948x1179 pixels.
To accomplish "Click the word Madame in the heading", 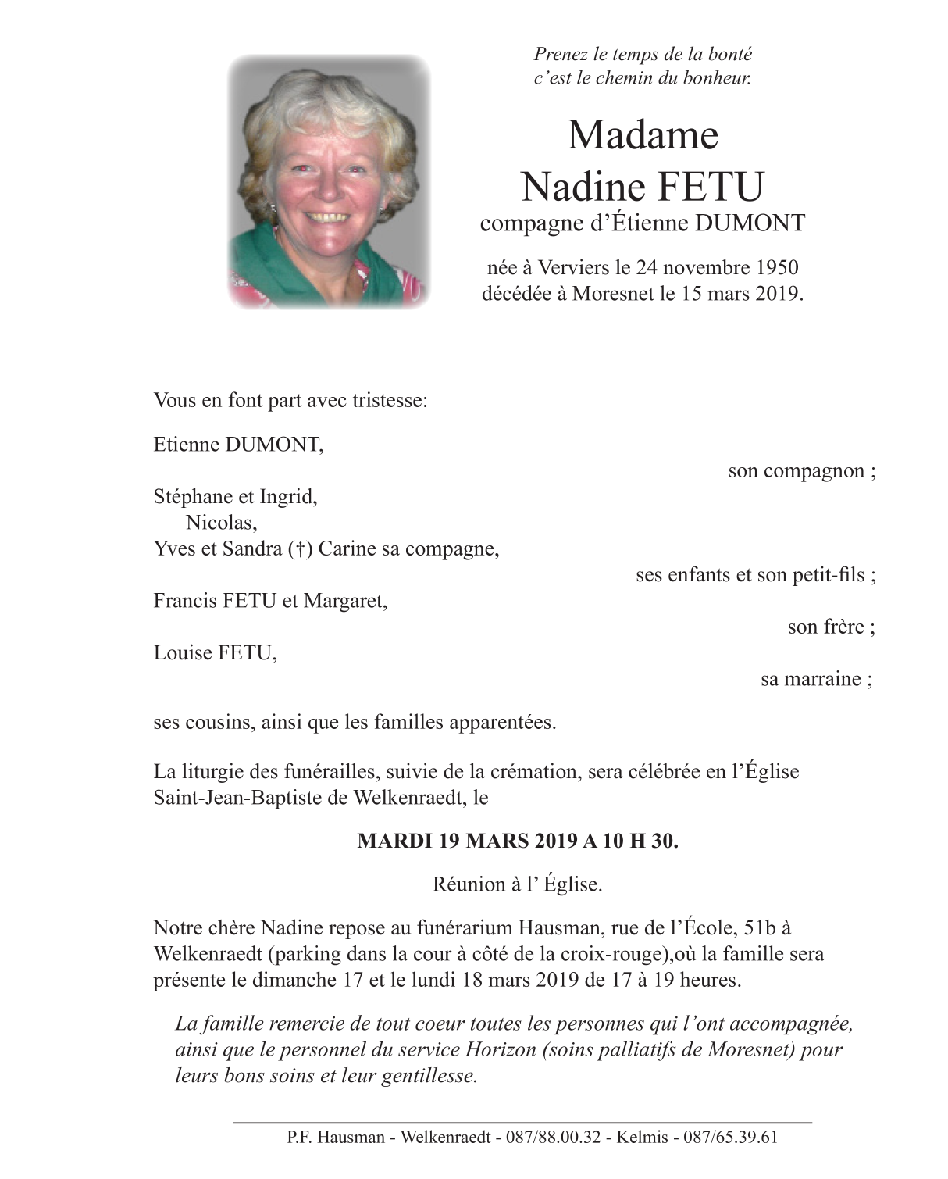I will point(642,135).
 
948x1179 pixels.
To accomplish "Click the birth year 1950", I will point(777,268).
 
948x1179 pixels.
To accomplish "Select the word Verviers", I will point(573,268).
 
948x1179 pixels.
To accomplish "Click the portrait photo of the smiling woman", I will point(330,181).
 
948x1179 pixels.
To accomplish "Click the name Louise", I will point(184,652).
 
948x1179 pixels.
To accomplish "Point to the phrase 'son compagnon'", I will point(797,471).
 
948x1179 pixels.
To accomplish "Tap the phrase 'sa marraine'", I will point(811,679).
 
